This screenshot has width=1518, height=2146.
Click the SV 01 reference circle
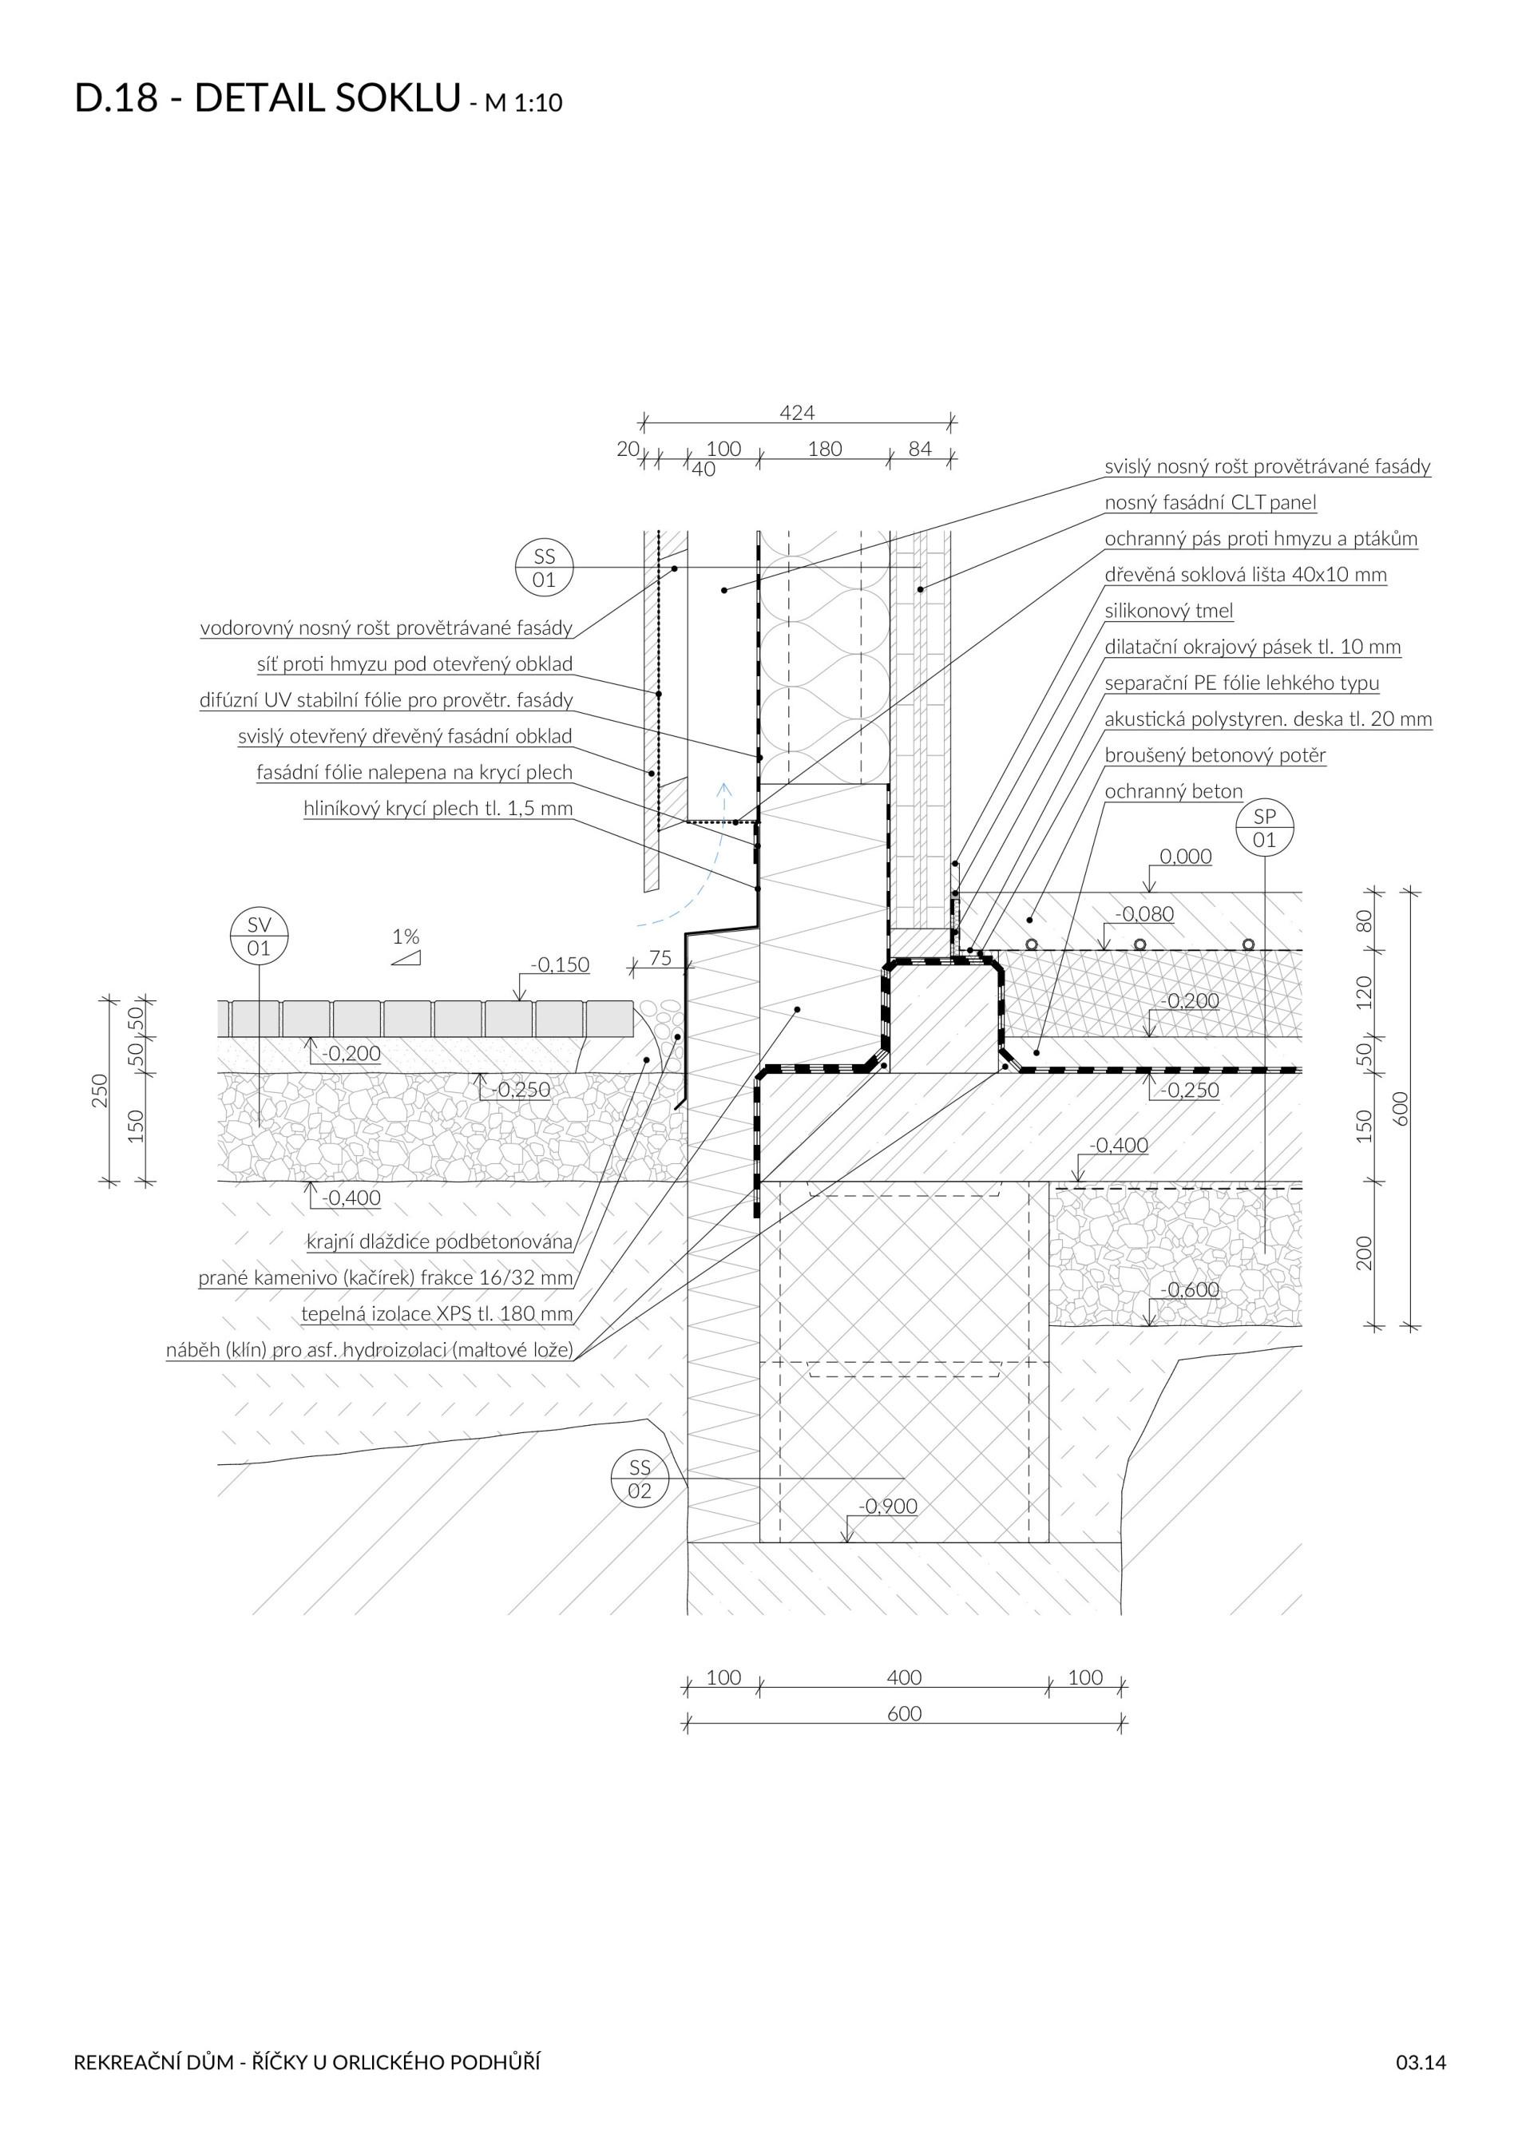(x=259, y=936)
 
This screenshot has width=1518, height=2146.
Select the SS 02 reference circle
(x=640, y=1479)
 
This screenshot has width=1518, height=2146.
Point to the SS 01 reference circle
(x=544, y=568)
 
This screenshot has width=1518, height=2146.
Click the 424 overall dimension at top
(x=796, y=412)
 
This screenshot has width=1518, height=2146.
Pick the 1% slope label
(x=406, y=936)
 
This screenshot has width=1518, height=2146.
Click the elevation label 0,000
(x=1185, y=856)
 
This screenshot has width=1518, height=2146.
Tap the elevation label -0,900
(x=888, y=1506)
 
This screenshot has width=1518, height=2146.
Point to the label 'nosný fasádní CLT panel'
(x=1210, y=502)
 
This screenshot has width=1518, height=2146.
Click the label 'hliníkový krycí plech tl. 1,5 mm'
(x=438, y=809)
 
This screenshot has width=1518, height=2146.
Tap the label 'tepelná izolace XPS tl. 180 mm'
(x=437, y=1313)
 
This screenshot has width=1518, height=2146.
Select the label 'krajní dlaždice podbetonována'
(x=439, y=1241)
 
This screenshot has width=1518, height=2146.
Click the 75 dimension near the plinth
(x=660, y=957)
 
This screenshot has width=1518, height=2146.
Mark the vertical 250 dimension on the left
(x=100, y=1091)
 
